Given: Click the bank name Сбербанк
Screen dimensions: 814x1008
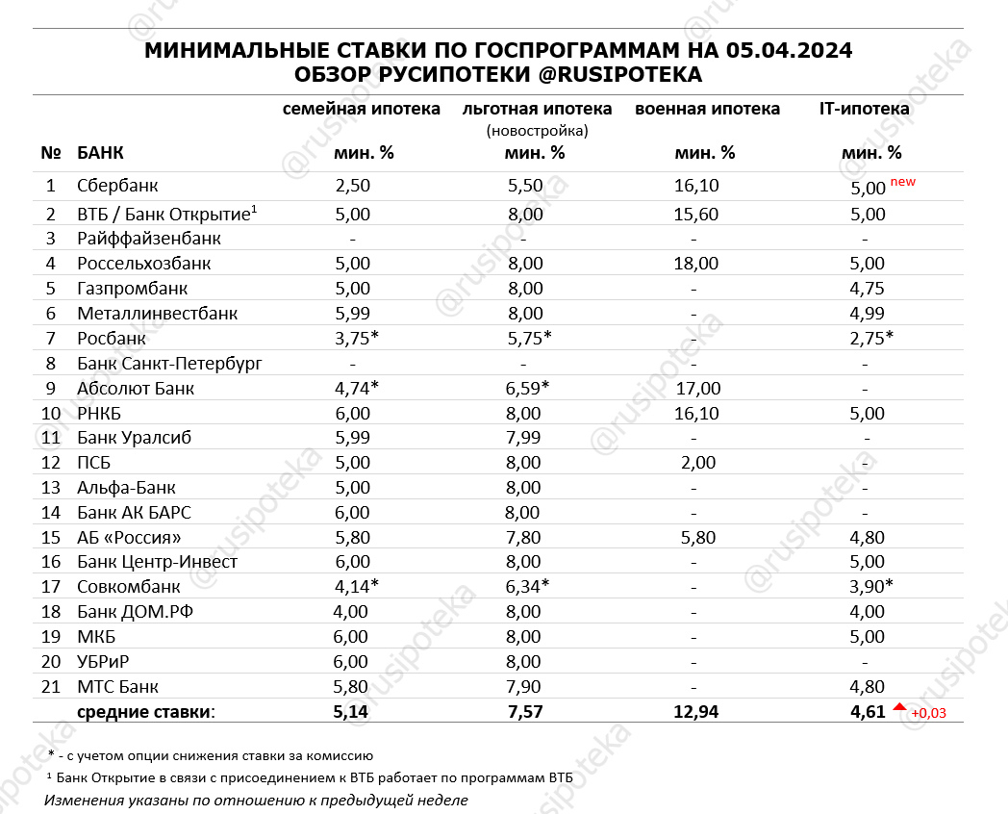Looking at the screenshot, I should pos(117,186).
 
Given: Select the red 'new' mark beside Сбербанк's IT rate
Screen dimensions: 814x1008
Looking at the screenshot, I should pos(903,181).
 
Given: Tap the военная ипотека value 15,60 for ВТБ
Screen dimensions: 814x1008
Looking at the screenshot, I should pos(695,215).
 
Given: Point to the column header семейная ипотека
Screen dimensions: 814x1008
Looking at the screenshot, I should pos(361,109).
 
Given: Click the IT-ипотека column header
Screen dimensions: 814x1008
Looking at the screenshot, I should pos(864,109).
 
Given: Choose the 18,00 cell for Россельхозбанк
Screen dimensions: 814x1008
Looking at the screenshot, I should pos(695,264).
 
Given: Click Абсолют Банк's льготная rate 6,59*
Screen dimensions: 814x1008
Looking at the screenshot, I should pos(530,389).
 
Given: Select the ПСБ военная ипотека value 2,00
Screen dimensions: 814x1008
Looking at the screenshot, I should pos(697,463).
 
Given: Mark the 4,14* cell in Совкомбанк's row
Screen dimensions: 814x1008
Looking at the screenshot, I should pos(356,587).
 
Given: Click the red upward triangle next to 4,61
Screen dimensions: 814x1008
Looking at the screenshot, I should pos(899,707).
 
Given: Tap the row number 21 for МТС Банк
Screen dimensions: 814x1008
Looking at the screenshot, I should pos(51,687).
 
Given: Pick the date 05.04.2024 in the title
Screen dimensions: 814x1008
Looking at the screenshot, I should pos(789,51).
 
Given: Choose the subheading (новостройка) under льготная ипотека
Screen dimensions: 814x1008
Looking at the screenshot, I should pos(537,130).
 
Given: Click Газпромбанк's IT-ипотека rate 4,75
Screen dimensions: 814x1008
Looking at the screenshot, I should pos(868,289).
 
